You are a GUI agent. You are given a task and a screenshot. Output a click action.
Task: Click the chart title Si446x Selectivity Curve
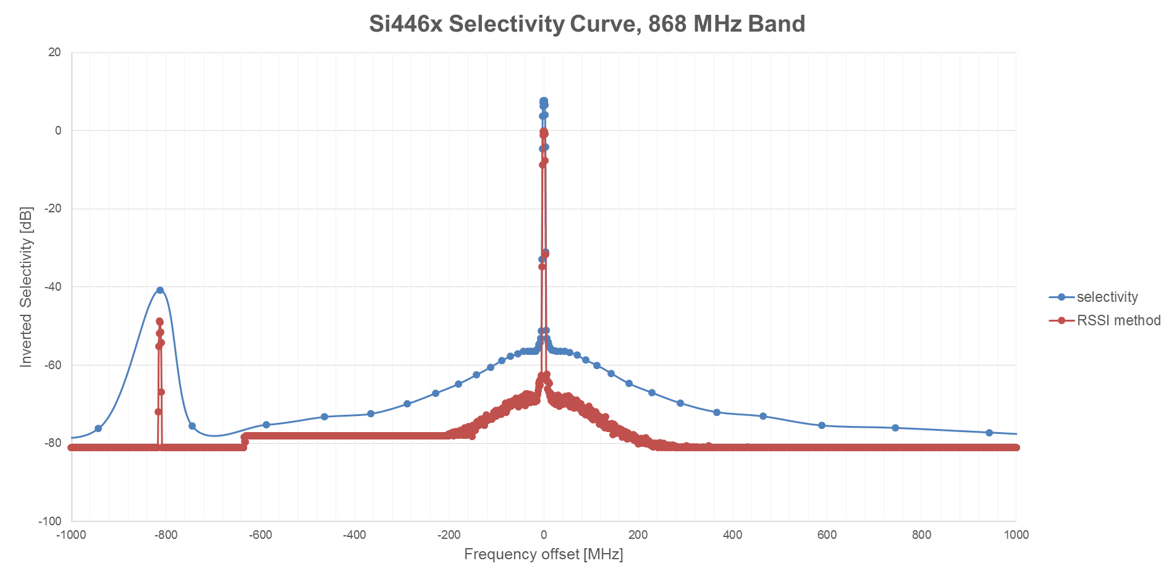(586, 24)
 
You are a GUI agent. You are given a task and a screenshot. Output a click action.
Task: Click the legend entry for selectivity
(1107, 297)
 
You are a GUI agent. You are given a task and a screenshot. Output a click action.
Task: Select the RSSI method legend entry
(1118, 320)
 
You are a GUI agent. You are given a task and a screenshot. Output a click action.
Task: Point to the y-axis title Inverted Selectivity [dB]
(26, 287)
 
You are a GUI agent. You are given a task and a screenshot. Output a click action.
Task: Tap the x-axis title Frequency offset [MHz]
(543, 554)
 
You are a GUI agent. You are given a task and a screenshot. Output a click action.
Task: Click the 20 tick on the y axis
(55, 52)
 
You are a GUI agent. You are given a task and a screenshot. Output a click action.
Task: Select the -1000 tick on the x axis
(71, 535)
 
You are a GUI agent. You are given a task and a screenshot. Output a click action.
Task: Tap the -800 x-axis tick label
(166, 535)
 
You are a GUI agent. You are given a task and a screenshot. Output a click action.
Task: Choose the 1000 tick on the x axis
(1016, 535)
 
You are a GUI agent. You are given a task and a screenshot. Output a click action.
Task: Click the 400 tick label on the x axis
(732, 535)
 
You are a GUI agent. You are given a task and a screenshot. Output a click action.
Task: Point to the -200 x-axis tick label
(449, 535)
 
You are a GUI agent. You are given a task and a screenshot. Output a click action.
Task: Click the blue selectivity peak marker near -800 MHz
(160, 290)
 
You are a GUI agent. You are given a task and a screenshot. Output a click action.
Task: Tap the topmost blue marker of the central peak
(543, 101)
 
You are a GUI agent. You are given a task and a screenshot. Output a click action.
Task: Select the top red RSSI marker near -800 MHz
(159, 322)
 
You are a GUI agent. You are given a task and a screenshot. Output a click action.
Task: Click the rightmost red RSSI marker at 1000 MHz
(1016, 447)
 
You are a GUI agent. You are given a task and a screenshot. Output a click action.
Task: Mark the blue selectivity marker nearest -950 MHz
(98, 428)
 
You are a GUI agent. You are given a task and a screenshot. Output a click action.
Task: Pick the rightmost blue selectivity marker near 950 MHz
(989, 433)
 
